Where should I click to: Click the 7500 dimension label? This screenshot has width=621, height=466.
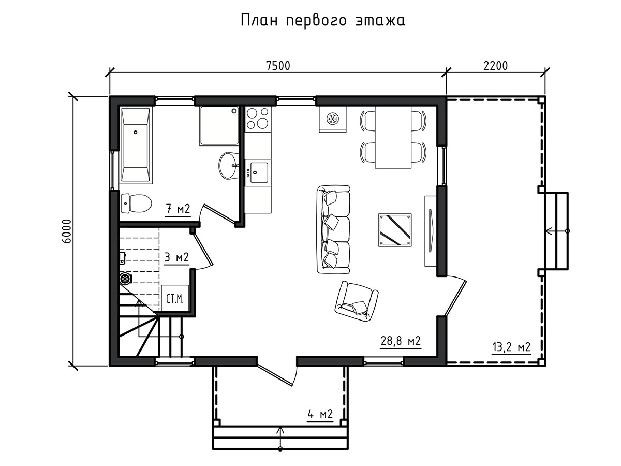278,66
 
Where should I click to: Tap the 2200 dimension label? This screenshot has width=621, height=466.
495,66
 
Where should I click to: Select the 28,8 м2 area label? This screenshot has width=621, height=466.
401,341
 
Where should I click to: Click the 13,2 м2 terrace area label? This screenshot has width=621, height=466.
511,347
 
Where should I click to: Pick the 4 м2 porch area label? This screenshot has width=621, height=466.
320,414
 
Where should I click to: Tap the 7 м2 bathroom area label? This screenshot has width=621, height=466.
178,209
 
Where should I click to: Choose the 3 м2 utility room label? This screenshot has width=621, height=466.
176,257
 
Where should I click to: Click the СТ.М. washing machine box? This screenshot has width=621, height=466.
175,298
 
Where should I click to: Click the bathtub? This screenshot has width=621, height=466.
136,144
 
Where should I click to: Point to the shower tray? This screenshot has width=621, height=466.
219,126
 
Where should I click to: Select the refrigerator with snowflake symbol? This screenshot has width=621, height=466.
333,119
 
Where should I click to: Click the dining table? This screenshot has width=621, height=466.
393,138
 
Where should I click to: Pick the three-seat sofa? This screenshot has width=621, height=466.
333,229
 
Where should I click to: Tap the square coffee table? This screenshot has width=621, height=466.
395,230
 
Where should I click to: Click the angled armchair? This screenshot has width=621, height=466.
357,302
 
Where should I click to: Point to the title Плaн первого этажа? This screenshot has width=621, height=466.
323,21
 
